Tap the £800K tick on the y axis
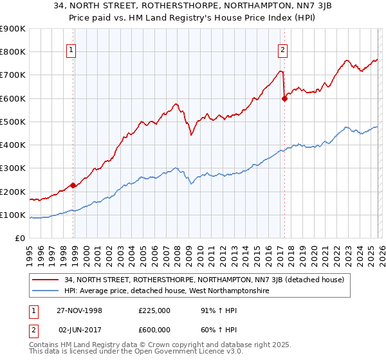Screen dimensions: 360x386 click(x=14, y=52)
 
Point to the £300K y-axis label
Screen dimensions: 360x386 click(x=14, y=168)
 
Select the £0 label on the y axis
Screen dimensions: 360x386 click(x=21, y=239)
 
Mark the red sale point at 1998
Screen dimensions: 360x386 click(x=73, y=186)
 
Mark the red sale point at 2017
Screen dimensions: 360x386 click(x=284, y=98)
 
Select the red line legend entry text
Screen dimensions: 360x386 click(x=205, y=280)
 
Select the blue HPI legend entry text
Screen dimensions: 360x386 click(x=165, y=291)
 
